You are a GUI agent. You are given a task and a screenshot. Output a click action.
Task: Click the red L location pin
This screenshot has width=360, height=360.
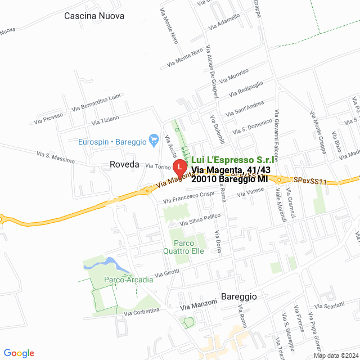coord(179,167)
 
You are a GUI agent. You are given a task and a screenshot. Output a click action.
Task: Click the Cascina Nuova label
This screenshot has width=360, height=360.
coord(94,16)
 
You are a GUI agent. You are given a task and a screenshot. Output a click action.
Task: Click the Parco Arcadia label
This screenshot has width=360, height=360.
coord(128,280)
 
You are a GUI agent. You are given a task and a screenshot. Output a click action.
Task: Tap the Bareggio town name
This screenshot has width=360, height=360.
coord(238,296)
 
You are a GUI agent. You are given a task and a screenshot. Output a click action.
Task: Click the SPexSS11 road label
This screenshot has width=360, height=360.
coord(310,181)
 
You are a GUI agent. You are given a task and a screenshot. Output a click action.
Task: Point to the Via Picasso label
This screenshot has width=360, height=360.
coord(48,118)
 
